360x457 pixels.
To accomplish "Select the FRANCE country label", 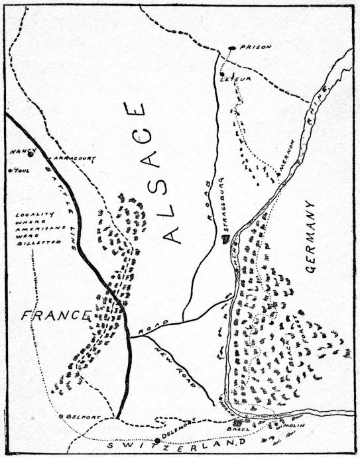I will [47, 316].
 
